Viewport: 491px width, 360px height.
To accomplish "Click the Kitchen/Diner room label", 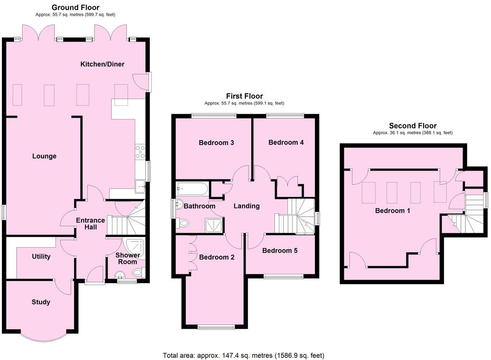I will [x=102, y=64].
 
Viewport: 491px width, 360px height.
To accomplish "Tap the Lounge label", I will [x=44, y=156].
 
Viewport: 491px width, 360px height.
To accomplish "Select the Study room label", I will [x=41, y=302].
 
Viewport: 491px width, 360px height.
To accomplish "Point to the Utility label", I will [x=41, y=257].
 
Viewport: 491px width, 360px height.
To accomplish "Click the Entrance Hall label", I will [x=90, y=224].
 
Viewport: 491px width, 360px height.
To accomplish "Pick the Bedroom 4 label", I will [x=286, y=142].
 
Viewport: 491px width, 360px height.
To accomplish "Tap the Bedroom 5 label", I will [x=280, y=251].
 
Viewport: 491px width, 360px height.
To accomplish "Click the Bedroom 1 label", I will [x=393, y=211].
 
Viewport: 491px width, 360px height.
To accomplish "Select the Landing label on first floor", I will [x=246, y=206].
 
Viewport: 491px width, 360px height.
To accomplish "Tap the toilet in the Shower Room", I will [x=138, y=273].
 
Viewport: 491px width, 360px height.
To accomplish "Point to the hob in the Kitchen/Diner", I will [x=140, y=152].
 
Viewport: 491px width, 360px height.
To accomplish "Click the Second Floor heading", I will [x=413, y=126].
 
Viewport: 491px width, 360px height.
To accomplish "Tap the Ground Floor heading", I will [x=75, y=7].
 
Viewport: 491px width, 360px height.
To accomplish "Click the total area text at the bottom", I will [x=243, y=355].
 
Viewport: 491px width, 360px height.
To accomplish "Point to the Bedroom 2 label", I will [x=217, y=257].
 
